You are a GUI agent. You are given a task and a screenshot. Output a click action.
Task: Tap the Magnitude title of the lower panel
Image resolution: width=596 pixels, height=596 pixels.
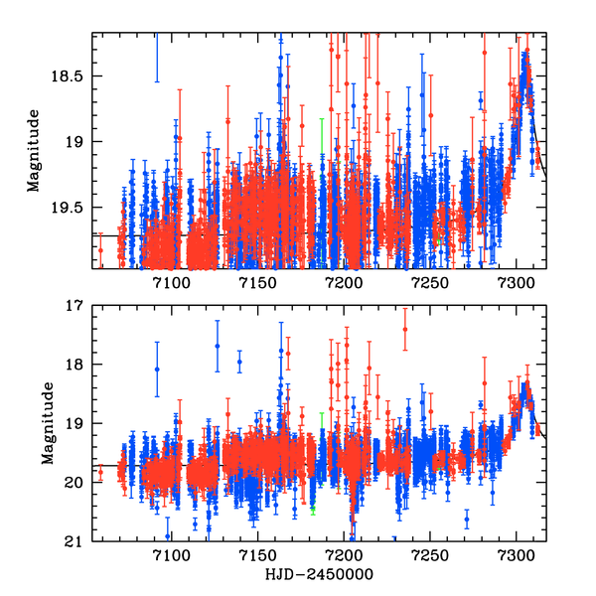point(46,423)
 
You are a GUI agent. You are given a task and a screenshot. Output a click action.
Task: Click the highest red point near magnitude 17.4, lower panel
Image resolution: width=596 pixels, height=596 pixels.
point(405,329)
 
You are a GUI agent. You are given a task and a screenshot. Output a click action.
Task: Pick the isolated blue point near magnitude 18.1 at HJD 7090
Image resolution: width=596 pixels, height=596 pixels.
point(157,370)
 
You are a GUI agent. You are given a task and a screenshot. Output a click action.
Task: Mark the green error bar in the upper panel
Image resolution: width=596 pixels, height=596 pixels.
point(322,136)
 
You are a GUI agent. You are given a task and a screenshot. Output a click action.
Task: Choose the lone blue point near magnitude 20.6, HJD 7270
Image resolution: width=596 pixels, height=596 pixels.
point(467,519)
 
